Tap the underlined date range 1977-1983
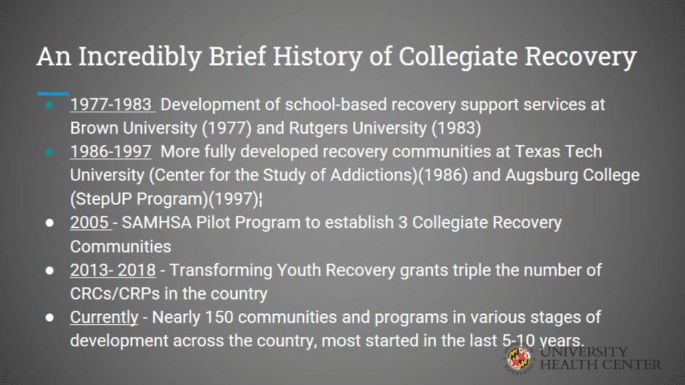[111, 105]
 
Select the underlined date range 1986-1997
[111, 152]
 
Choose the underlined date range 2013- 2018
[112, 270]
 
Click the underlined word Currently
[104, 317]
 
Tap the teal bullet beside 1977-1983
[50, 105]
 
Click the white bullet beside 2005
[50, 223]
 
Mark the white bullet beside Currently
[50, 317]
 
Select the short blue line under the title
[52, 94]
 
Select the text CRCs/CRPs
[115, 294]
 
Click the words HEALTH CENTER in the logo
[600, 365]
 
